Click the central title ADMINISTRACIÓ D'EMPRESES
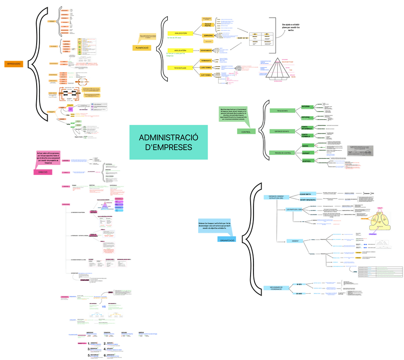(x=169, y=142)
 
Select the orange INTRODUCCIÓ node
(x=13, y=63)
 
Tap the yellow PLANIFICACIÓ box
(x=142, y=48)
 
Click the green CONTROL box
(x=246, y=132)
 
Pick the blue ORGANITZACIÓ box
(x=227, y=240)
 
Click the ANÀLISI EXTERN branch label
(x=181, y=33)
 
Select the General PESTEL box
(x=208, y=24)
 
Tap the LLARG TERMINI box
(x=206, y=68)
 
